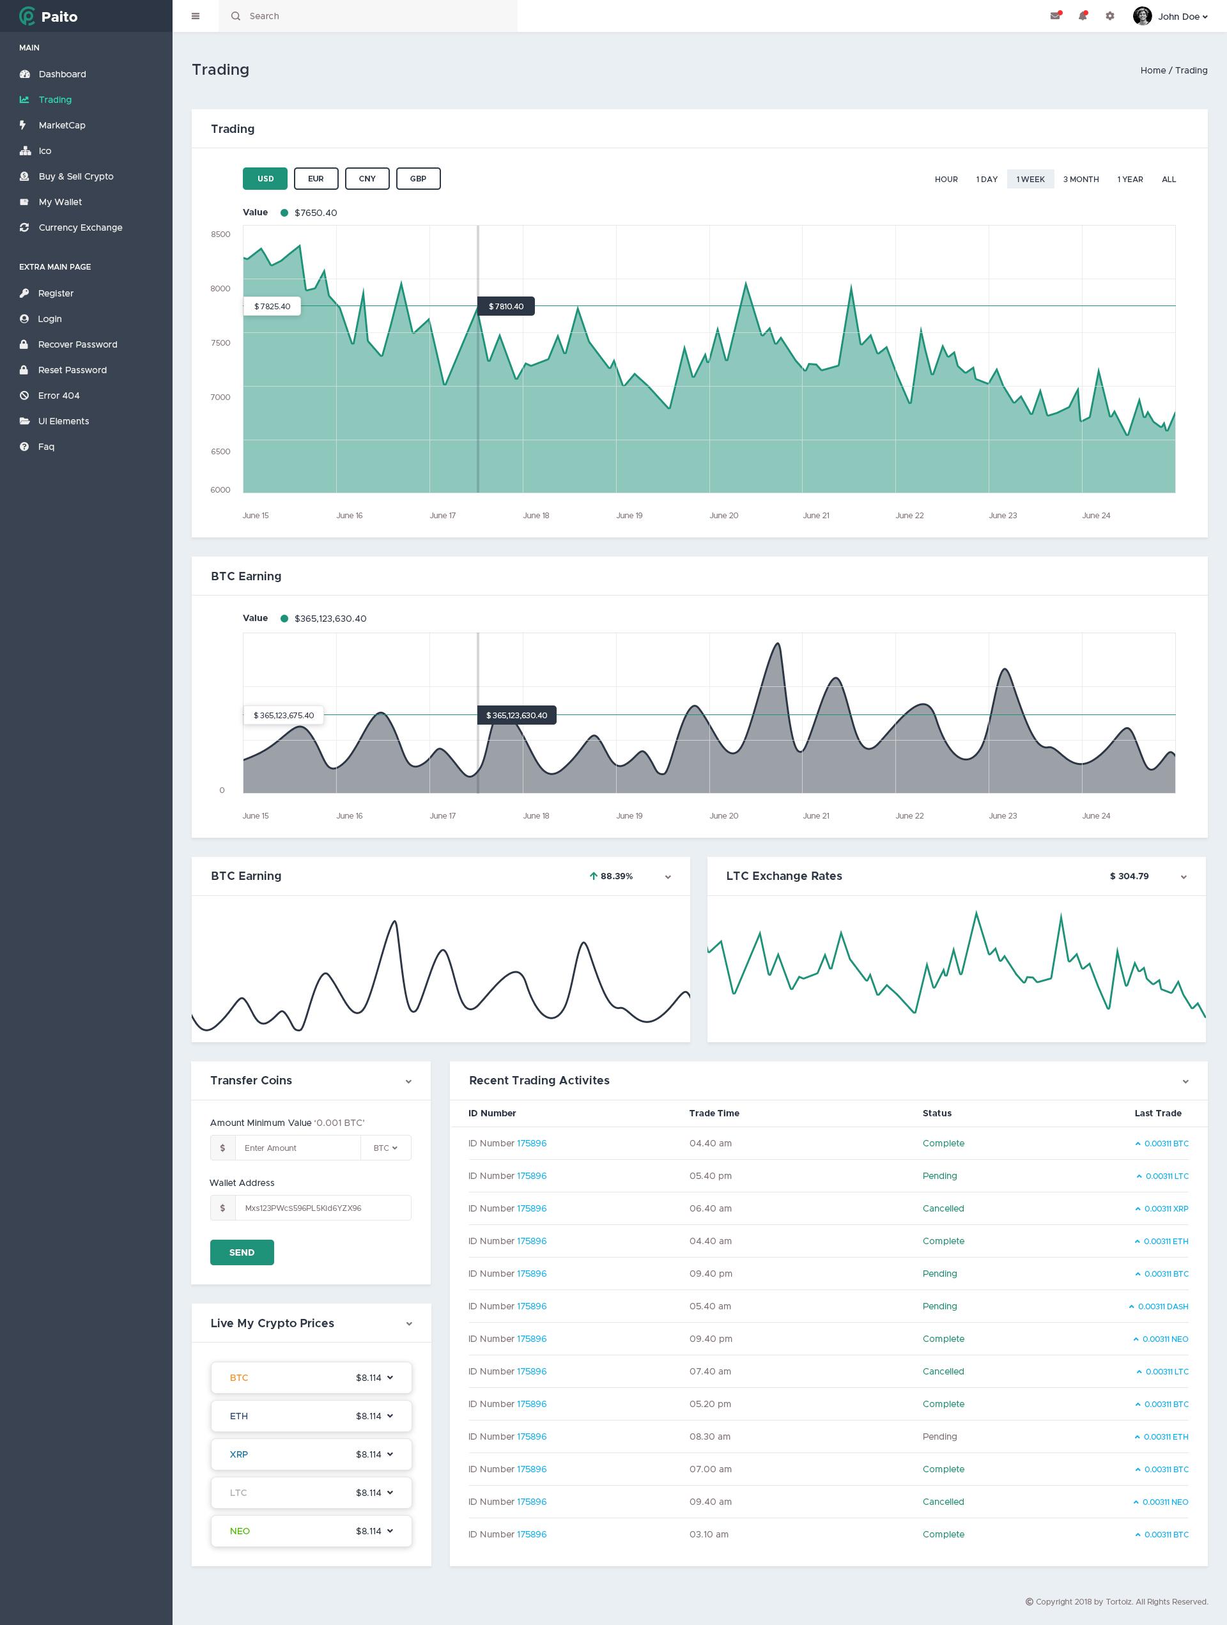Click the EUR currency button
pyautogui.click(x=316, y=178)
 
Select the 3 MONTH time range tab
pyautogui.click(x=1080, y=180)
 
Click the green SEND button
pyautogui.click(x=242, y=1252)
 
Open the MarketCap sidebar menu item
pyautogui.click(x=62, y=125)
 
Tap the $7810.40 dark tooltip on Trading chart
pyautogui.click(x=506, y=306)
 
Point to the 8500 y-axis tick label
pyautogui.click(x=220, y=235)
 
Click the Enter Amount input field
pyautogui.click(x=298, y=1148)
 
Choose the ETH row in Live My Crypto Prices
pyautogui.click(x=311, y=1415)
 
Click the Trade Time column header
pyautogui.click(x=713, y=1113)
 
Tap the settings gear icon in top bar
pyautogui.click(x=1109, y=16)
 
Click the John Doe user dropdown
pyautogui.click(x=1172, y=16)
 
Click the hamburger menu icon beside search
pyautogui.click(x=196, y=16)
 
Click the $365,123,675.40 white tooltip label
pyautogui.click(x=284, y=715)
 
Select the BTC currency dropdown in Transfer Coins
pyautogui.click(x=385, y=1148)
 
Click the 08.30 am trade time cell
pyautogui.click(x=710, y=1436)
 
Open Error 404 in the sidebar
pyautogui.click(x=59, y=396)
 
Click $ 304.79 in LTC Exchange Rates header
pyautogui.click(x=1129, y=875)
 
